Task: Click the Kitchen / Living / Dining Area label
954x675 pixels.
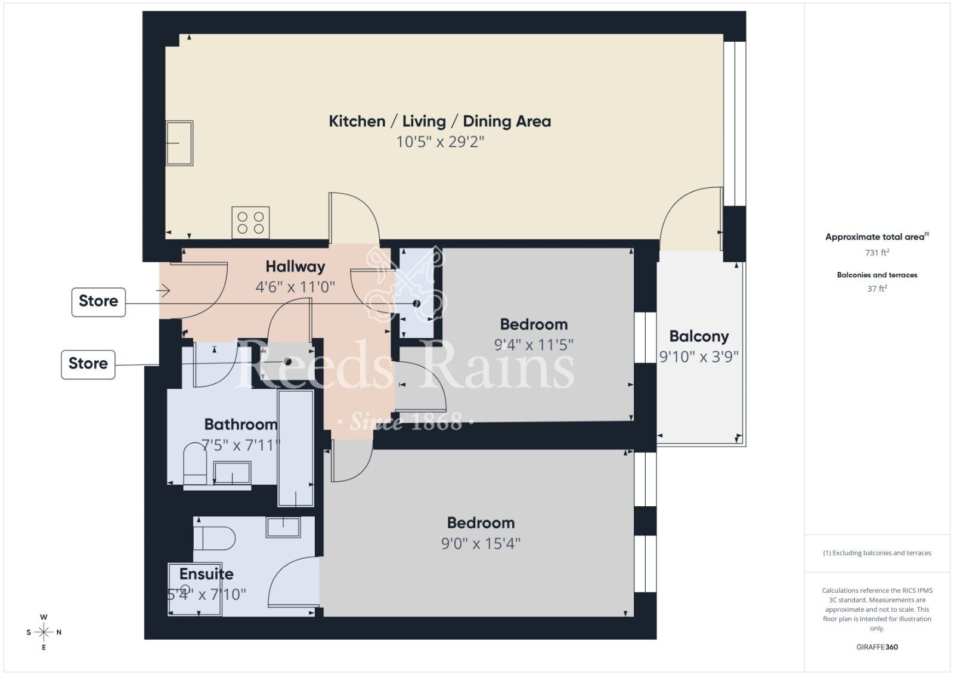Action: coord(439,121)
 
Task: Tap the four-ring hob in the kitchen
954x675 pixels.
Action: coord(250,222)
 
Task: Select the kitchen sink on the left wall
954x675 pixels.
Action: coord(179,143)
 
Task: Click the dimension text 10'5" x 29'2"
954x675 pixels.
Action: coord(440,142)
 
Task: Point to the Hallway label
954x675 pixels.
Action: coord(295,267)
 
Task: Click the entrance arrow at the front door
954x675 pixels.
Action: coord(163,290)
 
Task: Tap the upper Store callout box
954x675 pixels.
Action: coord(98,301)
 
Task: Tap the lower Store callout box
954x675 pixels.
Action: coord(88,364)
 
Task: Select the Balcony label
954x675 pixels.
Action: coord(699,336)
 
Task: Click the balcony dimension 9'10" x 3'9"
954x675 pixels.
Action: coord(699,357)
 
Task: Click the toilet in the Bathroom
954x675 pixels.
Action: coord(195,463)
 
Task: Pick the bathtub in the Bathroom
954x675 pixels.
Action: coord(296,447)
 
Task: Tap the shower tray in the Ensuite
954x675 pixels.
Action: coord(195,589)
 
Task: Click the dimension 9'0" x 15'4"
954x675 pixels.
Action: coord(481,544)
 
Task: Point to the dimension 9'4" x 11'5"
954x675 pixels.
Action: coord(534,345)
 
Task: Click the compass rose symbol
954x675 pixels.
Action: coord(44,632)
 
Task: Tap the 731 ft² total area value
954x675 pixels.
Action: coord(876,253)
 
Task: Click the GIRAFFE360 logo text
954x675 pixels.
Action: coord(876,647)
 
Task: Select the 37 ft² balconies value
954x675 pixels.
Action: coord(876,289)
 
